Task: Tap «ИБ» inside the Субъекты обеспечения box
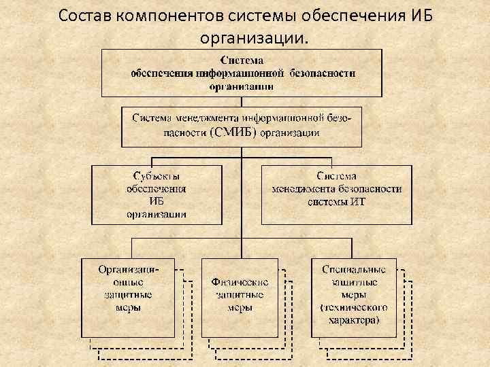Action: tap(157, 201)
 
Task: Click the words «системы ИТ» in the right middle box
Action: tap(336, 201)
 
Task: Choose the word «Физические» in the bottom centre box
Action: tap(240, 282)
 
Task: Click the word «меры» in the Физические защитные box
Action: tap(240, 307)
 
